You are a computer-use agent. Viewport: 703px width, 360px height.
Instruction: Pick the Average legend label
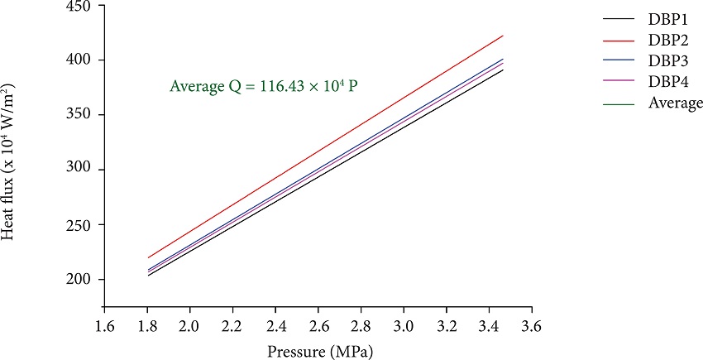pyautogui.click(x=676, y=103)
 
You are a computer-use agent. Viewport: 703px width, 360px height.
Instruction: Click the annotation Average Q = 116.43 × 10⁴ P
pyautogui.click(x=263, y=86)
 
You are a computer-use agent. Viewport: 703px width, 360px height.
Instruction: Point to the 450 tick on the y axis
pyautogui.click(x=80, y=6)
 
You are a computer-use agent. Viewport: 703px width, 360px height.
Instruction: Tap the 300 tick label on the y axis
pyautogui.click(x=80, y=170)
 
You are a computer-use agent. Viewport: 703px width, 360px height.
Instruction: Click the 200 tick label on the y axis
pyautogui.click(x=80, y=280)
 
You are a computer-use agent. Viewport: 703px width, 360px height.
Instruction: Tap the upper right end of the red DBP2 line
pyautogui.click(x=503, y=36)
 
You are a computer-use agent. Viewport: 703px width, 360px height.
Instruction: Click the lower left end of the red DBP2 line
pyautogui.click(x=149, y=257)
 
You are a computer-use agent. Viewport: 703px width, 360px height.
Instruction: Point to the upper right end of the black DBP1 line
pyautogui.click(x=503, y=70)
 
